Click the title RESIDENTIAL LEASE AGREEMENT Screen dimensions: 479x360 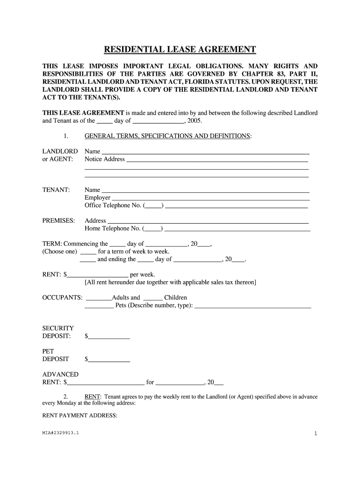[180, 50]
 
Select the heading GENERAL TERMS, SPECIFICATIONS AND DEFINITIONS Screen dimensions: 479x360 [167, 136]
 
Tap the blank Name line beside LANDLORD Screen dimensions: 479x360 [205, 152]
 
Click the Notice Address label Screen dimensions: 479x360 [105, 159]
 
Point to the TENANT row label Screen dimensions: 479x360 [56, 190]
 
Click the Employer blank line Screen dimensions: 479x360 [210, 198]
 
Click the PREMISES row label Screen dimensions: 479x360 [58, 221]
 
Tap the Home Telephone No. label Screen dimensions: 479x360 [113, 229]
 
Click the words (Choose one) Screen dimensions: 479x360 [59, 252]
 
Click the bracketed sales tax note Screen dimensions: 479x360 [170, 283]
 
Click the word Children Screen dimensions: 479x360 [175, 298]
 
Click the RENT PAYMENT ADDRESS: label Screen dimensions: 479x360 [80, 415]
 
